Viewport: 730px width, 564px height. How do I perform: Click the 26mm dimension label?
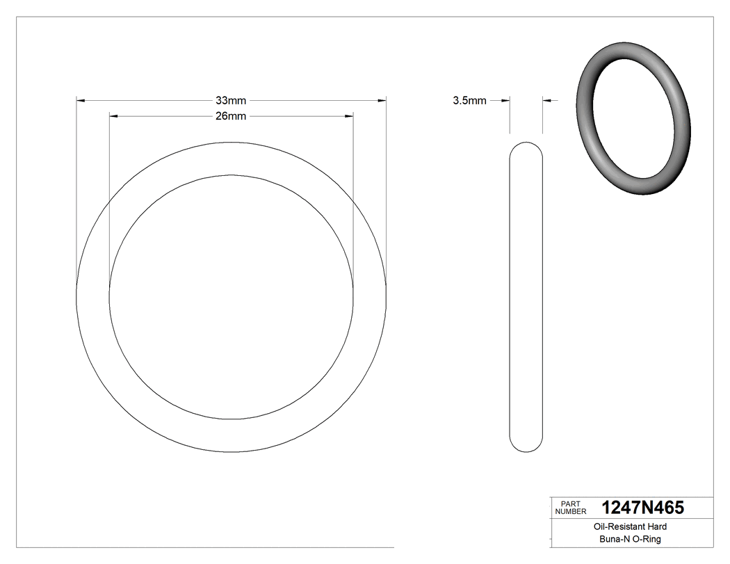click(231, 116)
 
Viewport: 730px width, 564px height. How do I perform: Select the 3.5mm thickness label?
click(469, 101)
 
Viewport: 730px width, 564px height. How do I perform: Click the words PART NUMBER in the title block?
click(570, 508)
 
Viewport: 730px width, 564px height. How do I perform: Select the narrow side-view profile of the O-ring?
click(526, 297)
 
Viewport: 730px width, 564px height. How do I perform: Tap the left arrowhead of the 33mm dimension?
click(80, 101)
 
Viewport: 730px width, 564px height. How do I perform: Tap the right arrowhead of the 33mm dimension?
click(382, 101)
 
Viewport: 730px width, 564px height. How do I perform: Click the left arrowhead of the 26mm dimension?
click(114, 116)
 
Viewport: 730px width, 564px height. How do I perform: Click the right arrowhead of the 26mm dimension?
click(350, 116)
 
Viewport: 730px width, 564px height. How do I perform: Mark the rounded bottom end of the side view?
click(526, 448)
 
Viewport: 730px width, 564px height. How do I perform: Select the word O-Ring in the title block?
click(647, 540)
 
